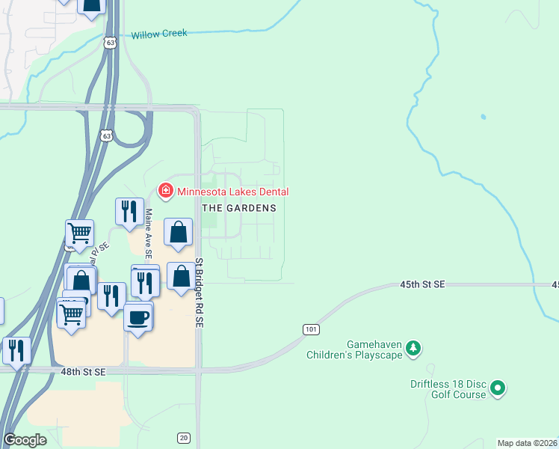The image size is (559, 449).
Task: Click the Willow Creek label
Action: click(158, 34)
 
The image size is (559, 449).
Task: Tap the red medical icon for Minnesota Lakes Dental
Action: click(165, 192)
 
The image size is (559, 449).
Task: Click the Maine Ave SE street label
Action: click(148, 233)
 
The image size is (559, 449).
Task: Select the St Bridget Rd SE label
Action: click(200, 292)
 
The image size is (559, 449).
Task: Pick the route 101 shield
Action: click(312, 329)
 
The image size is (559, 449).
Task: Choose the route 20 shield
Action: click(184, 437)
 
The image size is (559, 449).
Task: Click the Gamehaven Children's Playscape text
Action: click(355, 349)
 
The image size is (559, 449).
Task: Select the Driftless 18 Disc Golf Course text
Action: click(448, 389)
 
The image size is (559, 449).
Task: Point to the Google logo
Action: click(25, 440)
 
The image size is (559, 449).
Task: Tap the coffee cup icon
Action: click(138, 317)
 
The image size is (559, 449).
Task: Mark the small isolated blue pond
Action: click(484, 117)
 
